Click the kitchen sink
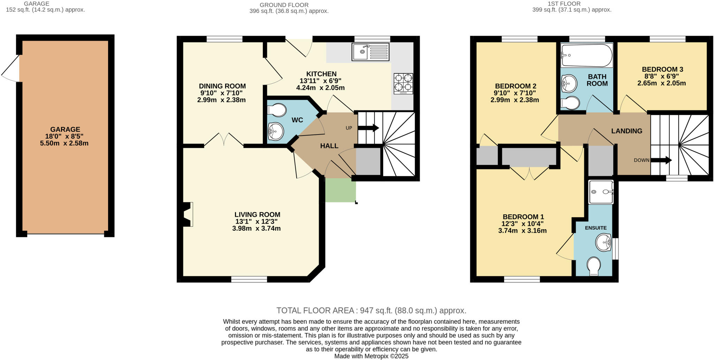tap(371, 52)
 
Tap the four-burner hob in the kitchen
tap(403, 84)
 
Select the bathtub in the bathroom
tap(587, 55)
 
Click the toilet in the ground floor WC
tap(276, 110)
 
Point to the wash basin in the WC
tap(276, 131)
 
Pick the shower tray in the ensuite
tap(601, 192)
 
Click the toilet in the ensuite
tap(594, 266)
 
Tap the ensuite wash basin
tap(603, 242)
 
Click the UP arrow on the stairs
tap(368, 128)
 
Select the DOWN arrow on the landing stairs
tap(661, 160)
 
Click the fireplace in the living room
tap(188, 215)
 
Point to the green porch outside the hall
tap(340, 190)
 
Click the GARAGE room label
tap(65, 129)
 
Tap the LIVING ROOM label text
tap(257, 215)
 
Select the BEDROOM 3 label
tap(662, 69)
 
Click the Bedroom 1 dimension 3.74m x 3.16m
tap(522, 231)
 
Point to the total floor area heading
tap(371, 311)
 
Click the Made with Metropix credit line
tap(371, 356)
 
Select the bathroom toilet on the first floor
tap(570, 103)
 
